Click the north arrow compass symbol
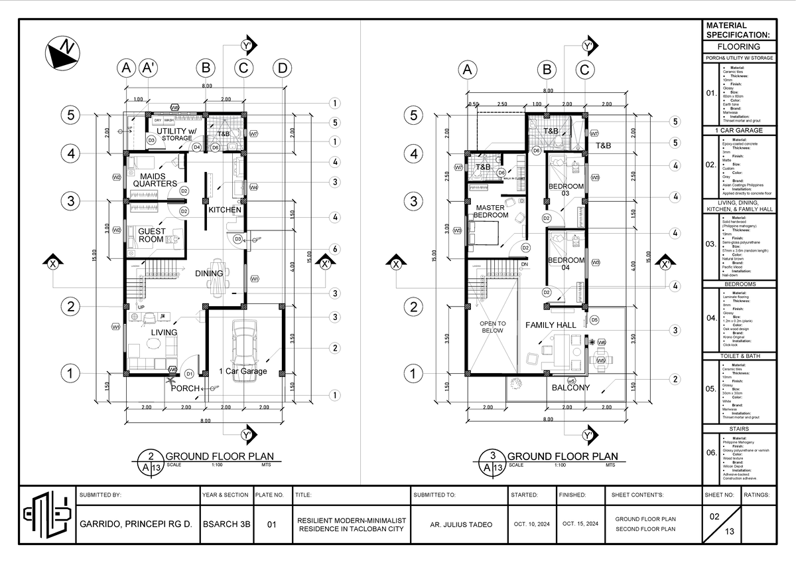[60, 52]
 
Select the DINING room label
[209, 273]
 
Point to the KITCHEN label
[225, 210]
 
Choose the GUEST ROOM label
[151, 235]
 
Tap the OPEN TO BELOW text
[493, 327]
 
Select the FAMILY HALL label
[551, 325]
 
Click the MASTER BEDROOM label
[491, 211]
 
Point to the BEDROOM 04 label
[566, 264]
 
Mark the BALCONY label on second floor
[570, 388]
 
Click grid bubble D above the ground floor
[283, 68]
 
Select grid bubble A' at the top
[150, 68]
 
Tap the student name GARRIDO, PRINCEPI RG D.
[135, 524]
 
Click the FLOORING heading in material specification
[738, 47]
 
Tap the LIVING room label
[164, 332]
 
